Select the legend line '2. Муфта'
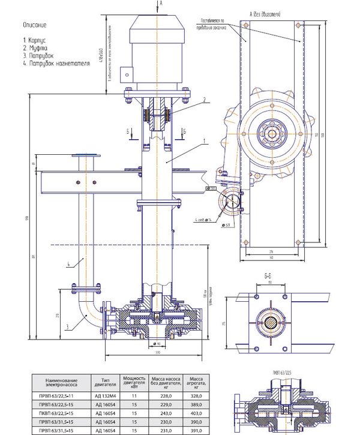pos(35,47)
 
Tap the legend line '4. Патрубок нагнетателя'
pos(55,61)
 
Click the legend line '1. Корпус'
pos(37,40)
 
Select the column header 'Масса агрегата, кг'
pos(196,382)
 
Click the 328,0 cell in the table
pos(196,397)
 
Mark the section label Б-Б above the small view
pos(269,277)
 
